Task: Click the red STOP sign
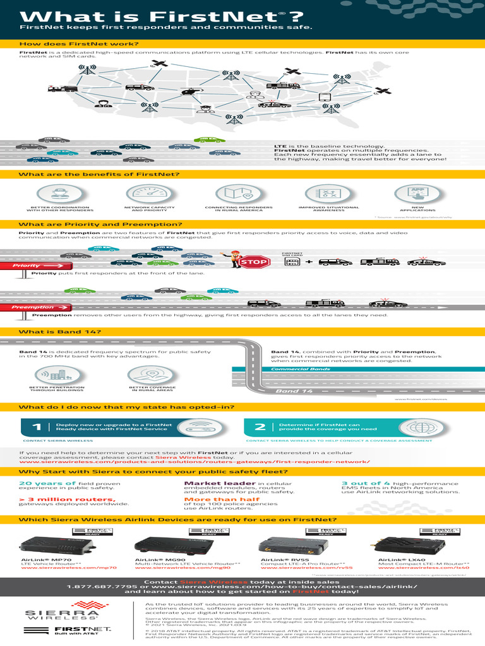[x=254, y=262]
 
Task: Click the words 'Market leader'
[x=210, y=483]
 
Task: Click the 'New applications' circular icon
[x=417, y=194]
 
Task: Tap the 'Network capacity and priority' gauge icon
[x=145, y=194]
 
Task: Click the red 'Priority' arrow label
[x=27, y=266]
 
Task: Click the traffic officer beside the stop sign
[x=231, y=258]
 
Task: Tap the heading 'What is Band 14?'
[x=59, y=332]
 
